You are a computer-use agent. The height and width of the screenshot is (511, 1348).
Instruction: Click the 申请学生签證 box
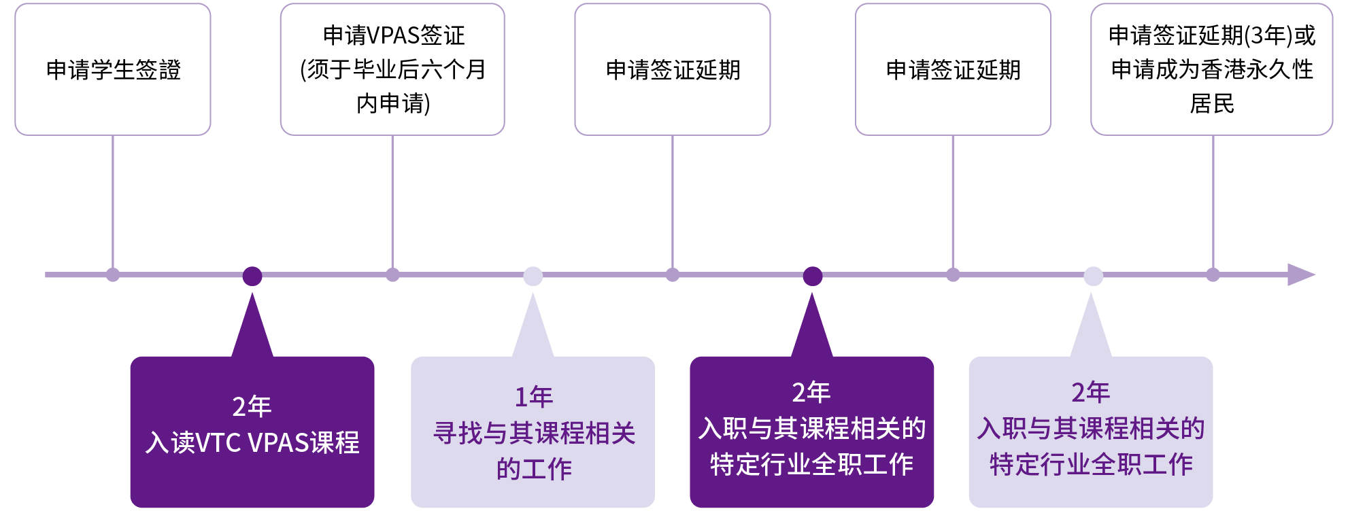tap(113, 69)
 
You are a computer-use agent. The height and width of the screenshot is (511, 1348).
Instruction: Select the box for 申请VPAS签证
tap(392, 69)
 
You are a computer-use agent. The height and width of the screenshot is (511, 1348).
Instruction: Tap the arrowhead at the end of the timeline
tap(1300, 275)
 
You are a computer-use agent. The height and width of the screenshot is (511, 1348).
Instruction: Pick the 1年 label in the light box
tap(533, 397)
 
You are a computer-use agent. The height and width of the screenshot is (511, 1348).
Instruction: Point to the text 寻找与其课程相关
tap(534, 433)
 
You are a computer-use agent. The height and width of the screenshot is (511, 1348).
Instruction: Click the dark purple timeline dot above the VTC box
tap(252, 276)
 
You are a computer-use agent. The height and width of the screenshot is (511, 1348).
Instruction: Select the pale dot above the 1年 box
tap(533, 276)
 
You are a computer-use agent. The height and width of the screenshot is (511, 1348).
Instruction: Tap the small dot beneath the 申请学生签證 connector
tap(113, 275)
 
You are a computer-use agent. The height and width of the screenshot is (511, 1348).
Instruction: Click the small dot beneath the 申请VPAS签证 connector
tap(392, 275)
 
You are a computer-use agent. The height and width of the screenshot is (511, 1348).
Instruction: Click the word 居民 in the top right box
tap(1212, 103)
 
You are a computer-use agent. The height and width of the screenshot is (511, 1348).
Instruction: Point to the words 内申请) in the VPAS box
tap(393, 103)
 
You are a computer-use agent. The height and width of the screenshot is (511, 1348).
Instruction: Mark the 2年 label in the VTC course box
tap(252, 406)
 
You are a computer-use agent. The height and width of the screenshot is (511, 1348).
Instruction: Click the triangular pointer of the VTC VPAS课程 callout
tap(252, 330)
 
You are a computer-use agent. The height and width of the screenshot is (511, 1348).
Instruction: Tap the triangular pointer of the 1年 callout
tap(533, 330)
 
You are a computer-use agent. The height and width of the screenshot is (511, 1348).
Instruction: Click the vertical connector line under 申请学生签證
tap(113, 204)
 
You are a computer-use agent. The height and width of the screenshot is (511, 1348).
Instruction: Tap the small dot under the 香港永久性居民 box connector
tap(1213, 275)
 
